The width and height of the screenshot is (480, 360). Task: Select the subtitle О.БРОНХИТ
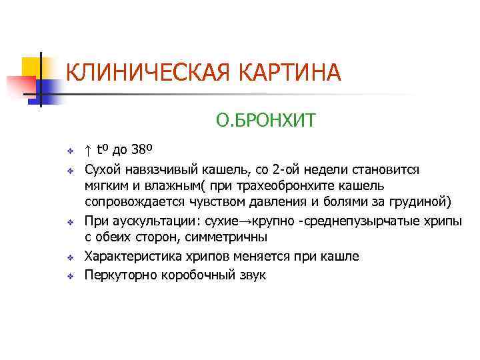(x=265, y=121)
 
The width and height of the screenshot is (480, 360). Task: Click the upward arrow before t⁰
(x=88, y=148)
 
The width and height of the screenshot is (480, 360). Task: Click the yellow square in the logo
(x=31, y=66)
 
